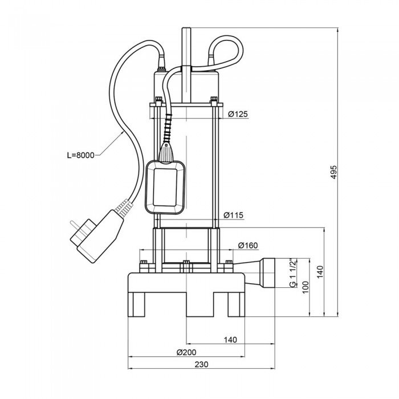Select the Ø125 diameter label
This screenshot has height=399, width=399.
[238, 115]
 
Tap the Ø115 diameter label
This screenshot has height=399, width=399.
[234, 215]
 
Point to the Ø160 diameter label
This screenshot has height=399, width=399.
[248, 246]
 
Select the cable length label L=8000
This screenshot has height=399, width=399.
[79, 154]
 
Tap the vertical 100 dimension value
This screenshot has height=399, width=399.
[306, 286]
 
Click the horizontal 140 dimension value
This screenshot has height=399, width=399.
[230, 340]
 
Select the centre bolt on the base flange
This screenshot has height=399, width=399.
[186, 264]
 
